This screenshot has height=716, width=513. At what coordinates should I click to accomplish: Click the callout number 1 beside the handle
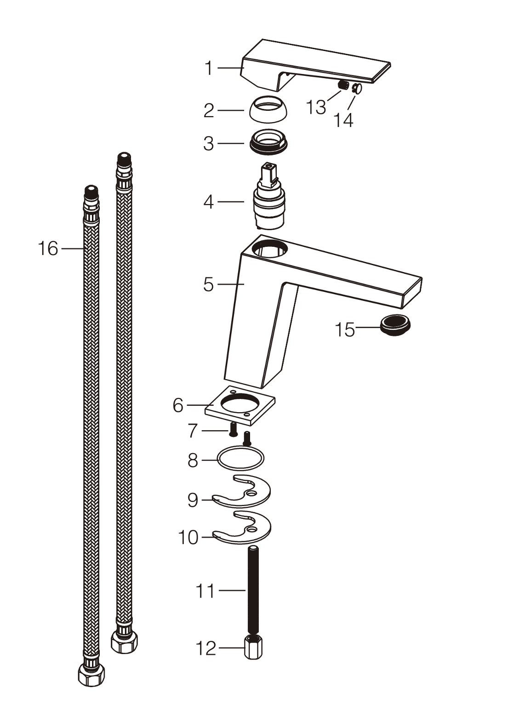pyautogui.click(x=209, y=68)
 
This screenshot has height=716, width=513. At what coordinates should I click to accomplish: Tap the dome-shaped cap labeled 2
pyautogui.click(x=268, y=108)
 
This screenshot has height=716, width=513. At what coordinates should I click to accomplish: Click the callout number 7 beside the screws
pyautogui.click(x=192, y=431)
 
